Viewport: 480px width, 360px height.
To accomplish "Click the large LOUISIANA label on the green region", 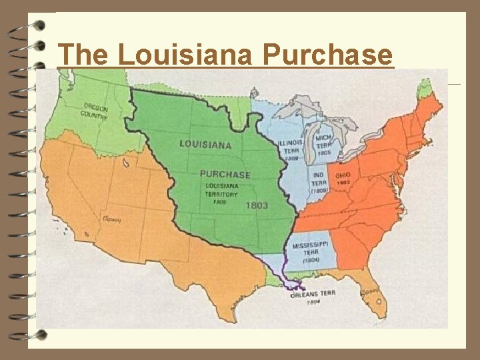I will [205, 144].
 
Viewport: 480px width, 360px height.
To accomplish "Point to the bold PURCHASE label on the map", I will [225, 174].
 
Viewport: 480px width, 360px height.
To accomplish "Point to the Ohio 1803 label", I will [344, 176].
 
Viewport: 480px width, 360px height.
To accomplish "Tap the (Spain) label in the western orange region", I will [110, 219].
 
